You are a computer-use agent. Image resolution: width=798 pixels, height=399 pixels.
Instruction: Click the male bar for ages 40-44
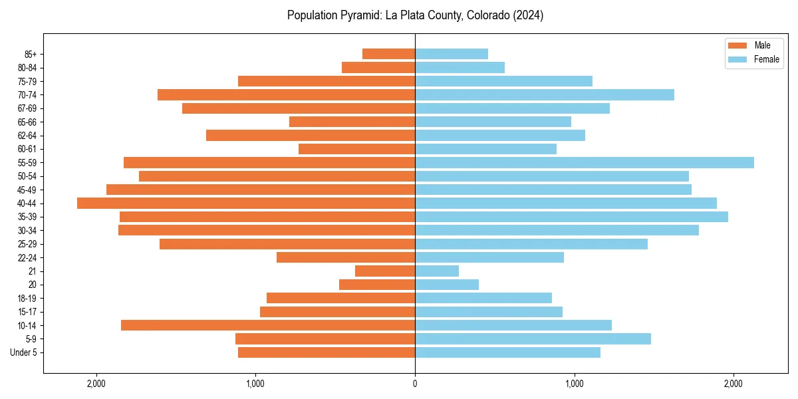[x=246, y=203]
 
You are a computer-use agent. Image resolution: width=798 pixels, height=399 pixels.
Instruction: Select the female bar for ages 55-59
[x=584, y=163]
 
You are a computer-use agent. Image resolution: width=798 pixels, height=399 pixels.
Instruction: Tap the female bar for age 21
[x=437, y=271]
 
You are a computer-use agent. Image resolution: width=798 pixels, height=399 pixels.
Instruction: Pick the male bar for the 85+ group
[x=388, y=54]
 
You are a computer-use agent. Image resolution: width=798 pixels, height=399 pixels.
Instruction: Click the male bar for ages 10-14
[x=268, y=325]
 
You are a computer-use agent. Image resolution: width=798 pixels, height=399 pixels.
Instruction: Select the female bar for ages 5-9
[x=533, y=339]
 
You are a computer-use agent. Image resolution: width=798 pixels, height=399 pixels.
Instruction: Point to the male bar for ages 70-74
[x=286, y=95]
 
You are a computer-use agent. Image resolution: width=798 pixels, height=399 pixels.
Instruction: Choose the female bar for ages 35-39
[x=571, y=217]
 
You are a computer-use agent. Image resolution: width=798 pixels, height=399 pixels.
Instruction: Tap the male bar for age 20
[x=377, y=285]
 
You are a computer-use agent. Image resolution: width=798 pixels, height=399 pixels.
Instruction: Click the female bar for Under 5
[x=507, y=352]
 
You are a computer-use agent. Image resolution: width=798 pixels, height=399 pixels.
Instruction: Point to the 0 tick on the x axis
[x=415, y=383]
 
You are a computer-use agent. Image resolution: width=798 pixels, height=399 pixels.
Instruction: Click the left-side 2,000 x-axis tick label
[x=96, y=383]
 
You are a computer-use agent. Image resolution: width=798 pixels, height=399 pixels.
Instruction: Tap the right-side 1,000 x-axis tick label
[x=574, y=383]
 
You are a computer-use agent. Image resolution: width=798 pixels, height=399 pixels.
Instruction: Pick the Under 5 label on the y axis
[x=23, y=352]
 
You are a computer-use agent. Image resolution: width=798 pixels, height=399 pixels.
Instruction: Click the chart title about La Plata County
[x=415, y=15]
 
